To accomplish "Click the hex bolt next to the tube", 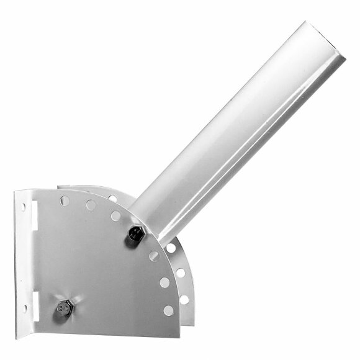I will pyautogui.click(x=135, y=235).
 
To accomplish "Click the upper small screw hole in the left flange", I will pyautogui.click(x=24, y=206).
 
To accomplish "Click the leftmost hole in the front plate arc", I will pyautogui.click(x=65, y=200).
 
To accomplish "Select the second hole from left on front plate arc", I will pyautogui.click(x=91, y=205).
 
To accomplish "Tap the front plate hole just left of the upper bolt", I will pyautogui.click(x=115, y=215).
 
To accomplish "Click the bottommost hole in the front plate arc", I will pyautogui.click(x=168, y=310).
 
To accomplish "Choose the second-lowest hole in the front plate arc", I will pyautogui.click(x=164, y=282).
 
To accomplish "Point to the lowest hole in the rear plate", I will pyautogui.click(x=184, y=299).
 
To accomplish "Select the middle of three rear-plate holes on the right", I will pyautogui.click(x=181, y=272).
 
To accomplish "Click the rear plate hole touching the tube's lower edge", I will pyautogui.click(x=171, y=248).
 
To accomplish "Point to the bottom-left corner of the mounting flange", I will pyautogui.click(x=17, y=322).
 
